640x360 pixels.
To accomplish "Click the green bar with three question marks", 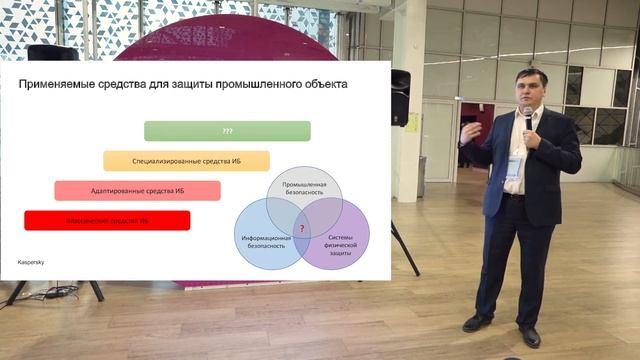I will (227, 131).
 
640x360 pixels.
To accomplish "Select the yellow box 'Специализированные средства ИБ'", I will (187, 161).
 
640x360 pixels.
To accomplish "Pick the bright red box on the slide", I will (107, 220).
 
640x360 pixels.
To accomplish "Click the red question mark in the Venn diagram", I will (302, 229).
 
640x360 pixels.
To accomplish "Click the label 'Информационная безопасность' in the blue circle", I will (266, 241).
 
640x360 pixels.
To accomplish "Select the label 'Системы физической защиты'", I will (341, 241).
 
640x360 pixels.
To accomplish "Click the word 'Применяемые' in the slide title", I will (57, 85).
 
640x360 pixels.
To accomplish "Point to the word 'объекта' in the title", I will (327, 85).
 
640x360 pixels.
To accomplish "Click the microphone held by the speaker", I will (527, 117).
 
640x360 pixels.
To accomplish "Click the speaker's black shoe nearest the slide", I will (477, 322).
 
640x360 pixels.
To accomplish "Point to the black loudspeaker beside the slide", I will (400, 96).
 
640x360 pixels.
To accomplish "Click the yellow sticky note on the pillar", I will (412, 121).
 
